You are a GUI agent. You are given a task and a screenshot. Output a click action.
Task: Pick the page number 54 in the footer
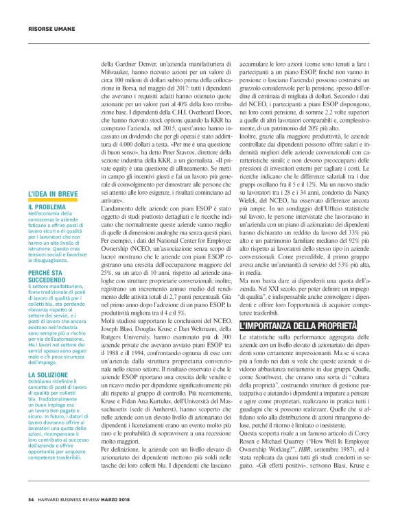click(31, 498)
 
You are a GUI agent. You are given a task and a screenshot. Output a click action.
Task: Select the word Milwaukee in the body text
click(113, 68)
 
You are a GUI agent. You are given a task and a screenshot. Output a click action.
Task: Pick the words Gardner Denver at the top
click(132, 60)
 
